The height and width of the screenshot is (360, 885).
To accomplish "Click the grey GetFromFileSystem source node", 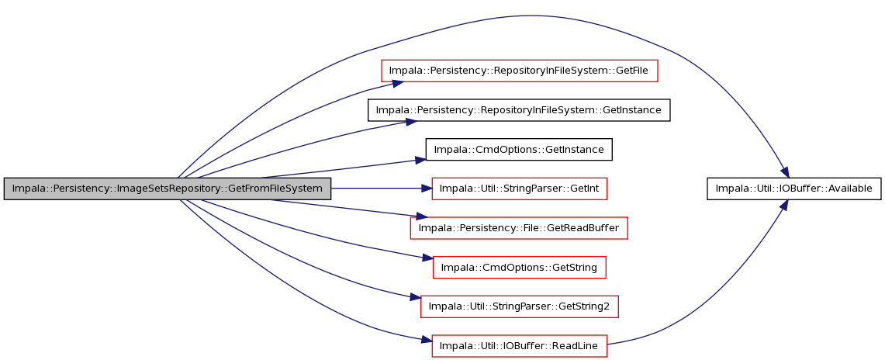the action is pyautogui.click(x=167, y=189).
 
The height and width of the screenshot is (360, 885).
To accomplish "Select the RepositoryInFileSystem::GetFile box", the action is pyautogui.click(x=519, y=71).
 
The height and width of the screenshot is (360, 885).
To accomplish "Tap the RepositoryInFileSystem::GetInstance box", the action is pyautogui.click(x=519, y=110).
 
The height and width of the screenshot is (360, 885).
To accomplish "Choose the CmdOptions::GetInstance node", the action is pyautogui.click(x=519, y=150).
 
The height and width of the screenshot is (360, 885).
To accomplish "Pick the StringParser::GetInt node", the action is pyautogui.click(x=519, y=189).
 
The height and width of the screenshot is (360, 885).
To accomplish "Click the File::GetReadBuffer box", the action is pyautogui.click(x=519, y=228).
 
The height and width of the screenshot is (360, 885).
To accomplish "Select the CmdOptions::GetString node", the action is pyautogui.click(x=519, y=267).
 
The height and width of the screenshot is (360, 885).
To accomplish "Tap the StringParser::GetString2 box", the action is pyautogui.click(x=519, y=306).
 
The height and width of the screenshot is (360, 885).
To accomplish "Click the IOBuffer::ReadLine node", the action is pyautogui.click(x=519, y=345).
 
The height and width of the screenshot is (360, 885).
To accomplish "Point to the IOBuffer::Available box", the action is pyautogui.click(x=793, y=189).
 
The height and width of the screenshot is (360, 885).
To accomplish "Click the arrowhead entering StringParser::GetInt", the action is pyautogui.click(x=427, y=189).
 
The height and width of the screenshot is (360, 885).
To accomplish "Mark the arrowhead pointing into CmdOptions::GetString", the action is pyautogui.click(x=428, y=258).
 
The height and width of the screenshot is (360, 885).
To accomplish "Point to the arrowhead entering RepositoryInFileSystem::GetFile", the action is pyautogui.click(x=398, y=83).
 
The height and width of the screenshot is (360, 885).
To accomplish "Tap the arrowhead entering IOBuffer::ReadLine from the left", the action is pyautogui.click(x=427, y=340).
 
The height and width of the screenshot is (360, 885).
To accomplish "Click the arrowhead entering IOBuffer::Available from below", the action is pyautogui.click(x=783, y=205).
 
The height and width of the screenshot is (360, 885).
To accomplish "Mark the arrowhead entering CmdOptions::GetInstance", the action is pyautogui.click(x=420, y=161).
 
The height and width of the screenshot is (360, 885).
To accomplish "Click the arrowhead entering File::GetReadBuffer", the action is pyautogui.click(x=420, y=216).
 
